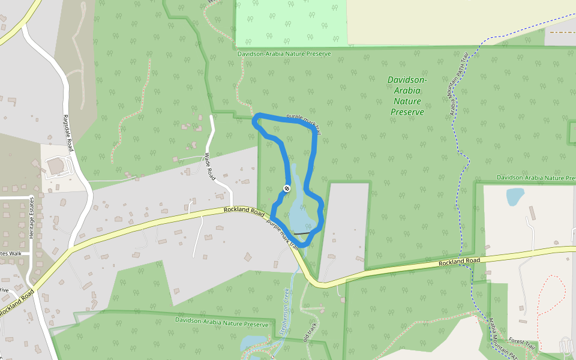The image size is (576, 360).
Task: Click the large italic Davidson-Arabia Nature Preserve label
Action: pos(407,95)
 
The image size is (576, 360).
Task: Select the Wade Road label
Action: pos(210,167)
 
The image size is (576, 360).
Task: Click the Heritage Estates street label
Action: pos(32,221)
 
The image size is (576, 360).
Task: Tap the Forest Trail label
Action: pos(521,343)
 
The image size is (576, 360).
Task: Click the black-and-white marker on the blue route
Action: pos(287,188)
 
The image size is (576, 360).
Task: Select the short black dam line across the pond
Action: pos(302,233)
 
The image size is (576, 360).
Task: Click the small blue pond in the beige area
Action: pos(515,196)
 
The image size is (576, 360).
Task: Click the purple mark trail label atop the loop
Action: pos(304,119)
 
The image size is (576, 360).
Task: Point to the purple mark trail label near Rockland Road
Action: pos(283,233)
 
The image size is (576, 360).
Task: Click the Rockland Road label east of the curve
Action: pos(459,262)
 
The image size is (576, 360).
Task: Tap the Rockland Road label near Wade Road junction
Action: pos(244,211)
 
